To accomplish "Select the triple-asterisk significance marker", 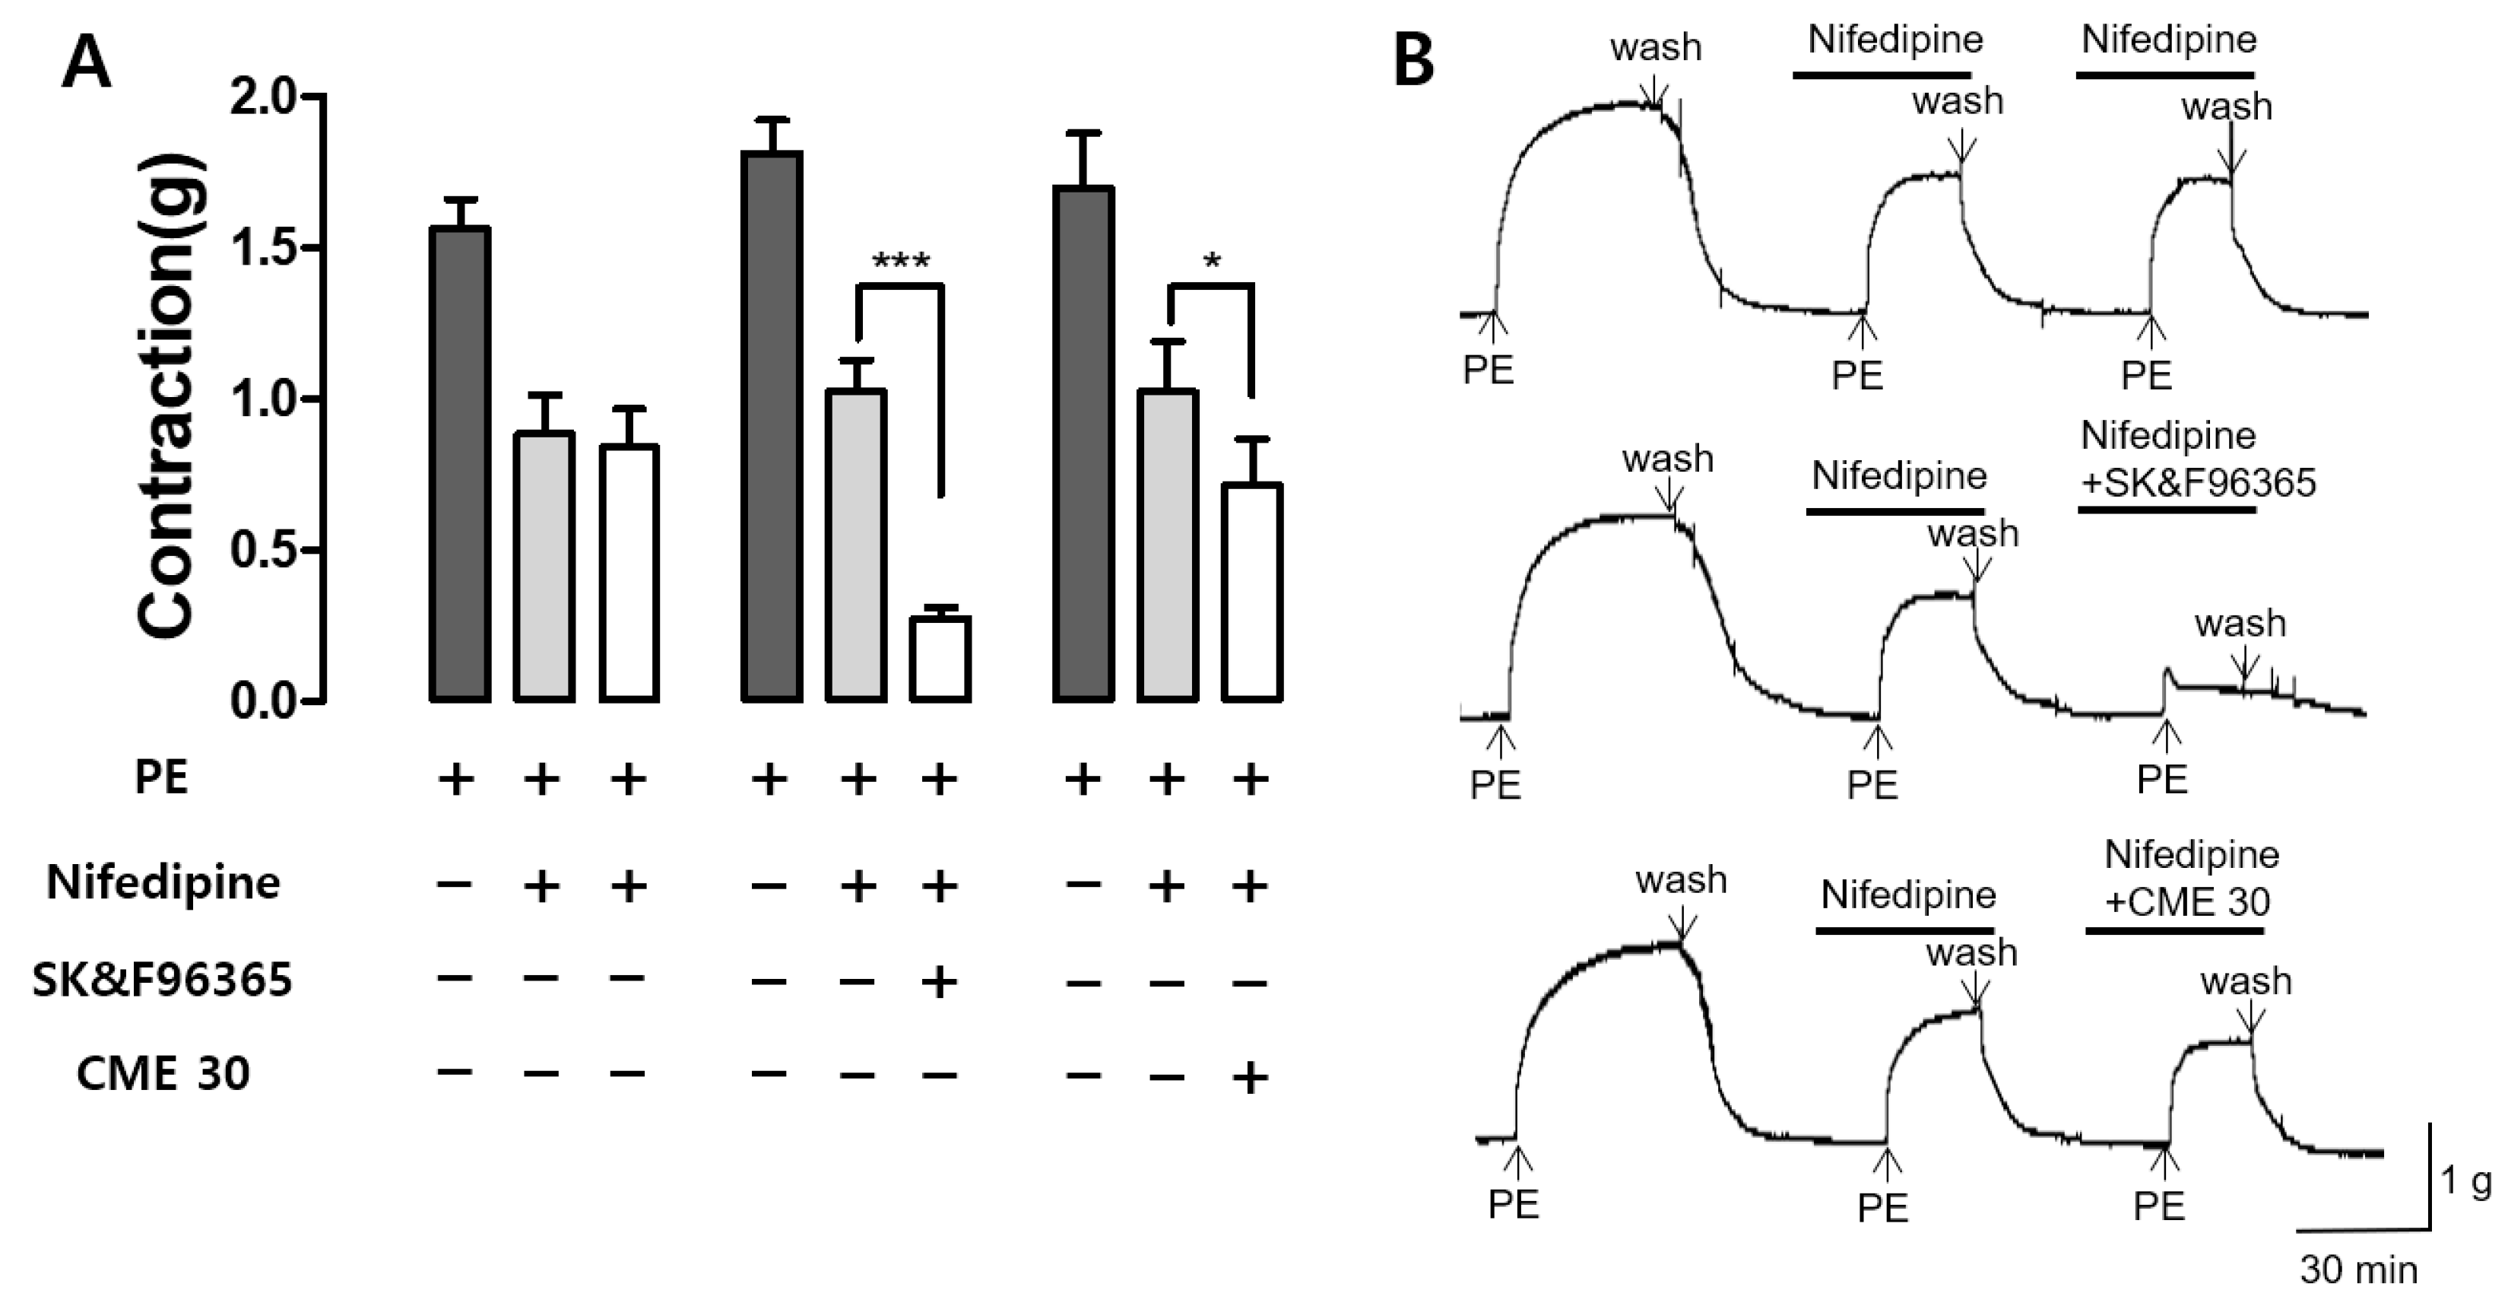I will (901, 261).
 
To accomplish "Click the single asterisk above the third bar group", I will (1212, 261).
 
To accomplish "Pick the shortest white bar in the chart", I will (940, 659).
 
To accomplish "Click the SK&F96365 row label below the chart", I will (162, 980).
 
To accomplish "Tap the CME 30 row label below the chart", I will (163, 1074).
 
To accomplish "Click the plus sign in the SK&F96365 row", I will (940, 982).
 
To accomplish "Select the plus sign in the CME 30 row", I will (1250, 1077).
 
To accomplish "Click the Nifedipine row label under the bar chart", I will (163, 883).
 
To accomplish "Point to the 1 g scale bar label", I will (2466, 1181).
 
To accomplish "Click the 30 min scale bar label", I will (2359, 1270).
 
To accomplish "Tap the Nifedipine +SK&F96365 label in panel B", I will (2197, 459).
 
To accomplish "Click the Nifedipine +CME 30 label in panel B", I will (2191, 879).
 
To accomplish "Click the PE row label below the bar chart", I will (162, 778).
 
